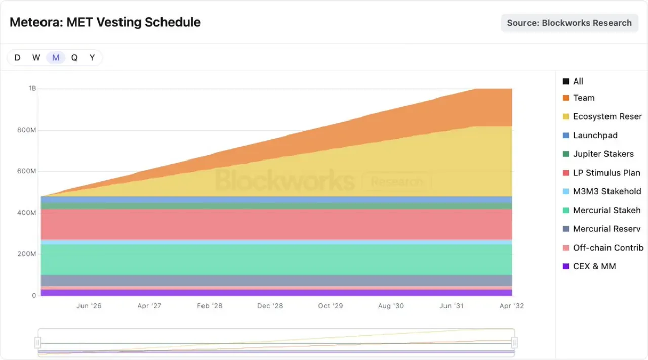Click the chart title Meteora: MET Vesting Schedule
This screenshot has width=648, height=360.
[105, 22]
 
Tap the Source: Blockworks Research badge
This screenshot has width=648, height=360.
[570, 23]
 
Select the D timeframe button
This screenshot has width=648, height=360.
[17, 58]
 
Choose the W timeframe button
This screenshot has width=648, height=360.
[36, 58]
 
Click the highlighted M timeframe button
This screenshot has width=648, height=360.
[56, 58]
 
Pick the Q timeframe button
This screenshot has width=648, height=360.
[74, 58]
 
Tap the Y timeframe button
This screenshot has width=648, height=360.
[92, 58]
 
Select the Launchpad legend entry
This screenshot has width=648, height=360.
[590, 135]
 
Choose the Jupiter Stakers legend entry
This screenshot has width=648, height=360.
[598, 154]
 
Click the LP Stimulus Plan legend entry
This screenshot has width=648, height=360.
[601, 173]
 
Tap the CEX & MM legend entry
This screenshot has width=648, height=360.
[589, 266]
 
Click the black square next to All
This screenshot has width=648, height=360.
[566, 82]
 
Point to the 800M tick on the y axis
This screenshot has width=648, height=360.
[27, 130]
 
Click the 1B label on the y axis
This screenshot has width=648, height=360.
[32, 88]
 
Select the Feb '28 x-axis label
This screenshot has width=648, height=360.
[210, 306]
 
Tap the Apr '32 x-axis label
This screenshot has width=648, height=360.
[512, 306]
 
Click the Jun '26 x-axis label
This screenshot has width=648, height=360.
[89, 306]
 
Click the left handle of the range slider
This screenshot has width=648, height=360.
[37, 343]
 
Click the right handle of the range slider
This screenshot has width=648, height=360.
[514, 343]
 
